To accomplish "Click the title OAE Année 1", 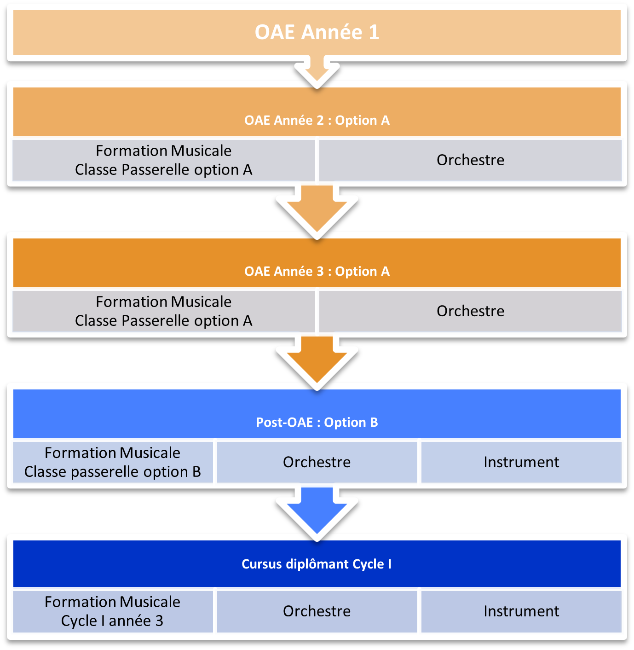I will [317, 32].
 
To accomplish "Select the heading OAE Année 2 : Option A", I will [317, 120].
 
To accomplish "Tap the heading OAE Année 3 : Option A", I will [317, 271].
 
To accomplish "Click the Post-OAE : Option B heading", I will [317, 422].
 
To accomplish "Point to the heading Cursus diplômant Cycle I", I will [317, 564].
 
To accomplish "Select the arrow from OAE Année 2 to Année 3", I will [317, 209].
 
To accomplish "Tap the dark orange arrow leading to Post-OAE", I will [317, 360].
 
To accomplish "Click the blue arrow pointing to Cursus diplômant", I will [317, 511].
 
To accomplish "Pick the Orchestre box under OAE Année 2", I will [470, 160].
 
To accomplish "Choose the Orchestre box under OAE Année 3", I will [470, 311].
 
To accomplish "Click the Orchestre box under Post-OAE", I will [317, 462].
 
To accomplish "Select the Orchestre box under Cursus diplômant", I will [317, 611].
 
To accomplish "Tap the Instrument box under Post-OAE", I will [521, 462].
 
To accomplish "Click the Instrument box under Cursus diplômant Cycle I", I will [521, 611].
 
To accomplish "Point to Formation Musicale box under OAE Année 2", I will [164, 160].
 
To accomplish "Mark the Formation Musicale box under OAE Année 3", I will [164, 311].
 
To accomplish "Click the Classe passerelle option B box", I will [113, 462].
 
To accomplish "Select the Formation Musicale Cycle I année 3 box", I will [113, 611].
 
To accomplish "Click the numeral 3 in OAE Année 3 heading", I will [320, 272].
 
